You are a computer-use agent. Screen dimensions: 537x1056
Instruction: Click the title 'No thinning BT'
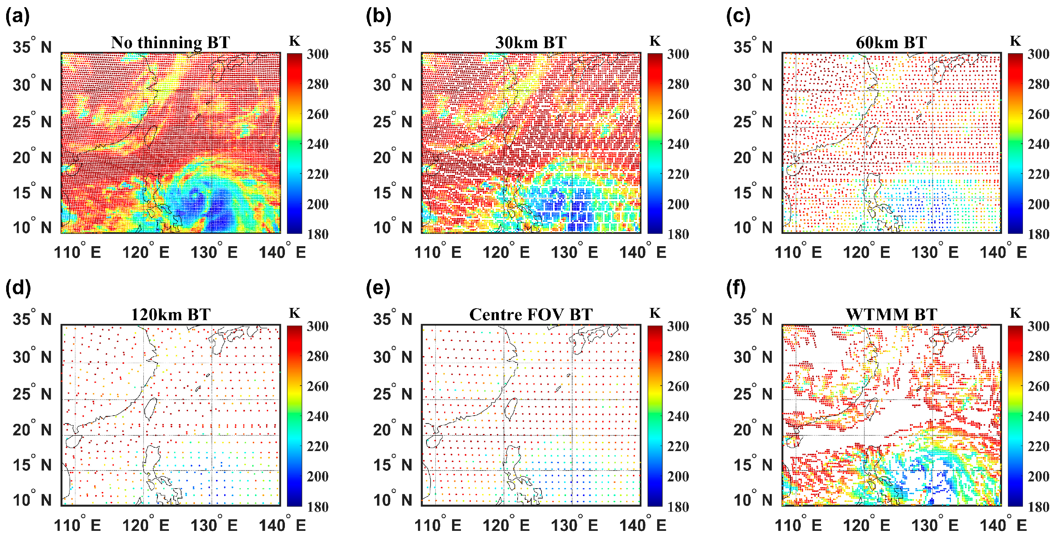tap(170, 43)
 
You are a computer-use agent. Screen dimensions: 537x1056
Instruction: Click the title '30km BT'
tap(531, 43)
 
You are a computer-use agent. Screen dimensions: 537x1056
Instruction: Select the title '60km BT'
tap(891, 43)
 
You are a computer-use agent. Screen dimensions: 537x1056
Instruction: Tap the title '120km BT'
tap(170, 315)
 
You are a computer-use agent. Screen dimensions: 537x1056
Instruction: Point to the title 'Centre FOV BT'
tap(531, 315)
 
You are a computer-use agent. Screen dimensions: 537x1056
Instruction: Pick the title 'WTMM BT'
tap(891, 315)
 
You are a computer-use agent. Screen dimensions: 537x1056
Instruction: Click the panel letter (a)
tap(17, 16)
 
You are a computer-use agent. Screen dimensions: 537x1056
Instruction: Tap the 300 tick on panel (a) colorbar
tap(317, 54)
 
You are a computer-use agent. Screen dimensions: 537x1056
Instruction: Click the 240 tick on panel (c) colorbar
tap(1038, 144)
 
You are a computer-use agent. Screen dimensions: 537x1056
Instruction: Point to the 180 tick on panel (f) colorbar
tap(1038, 507)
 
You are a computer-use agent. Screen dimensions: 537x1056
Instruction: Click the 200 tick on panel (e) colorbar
tap(678, 476)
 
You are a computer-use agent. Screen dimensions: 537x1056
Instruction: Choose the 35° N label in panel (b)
tap(392, 47)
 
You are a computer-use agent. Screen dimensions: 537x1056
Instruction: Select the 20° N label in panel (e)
tap(392, 430)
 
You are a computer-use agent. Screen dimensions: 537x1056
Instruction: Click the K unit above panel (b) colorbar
tap(655, 41)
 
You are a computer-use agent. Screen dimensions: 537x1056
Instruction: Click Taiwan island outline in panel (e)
tap(510, 409)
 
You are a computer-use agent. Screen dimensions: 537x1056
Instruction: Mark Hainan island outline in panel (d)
tap(73, 442)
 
